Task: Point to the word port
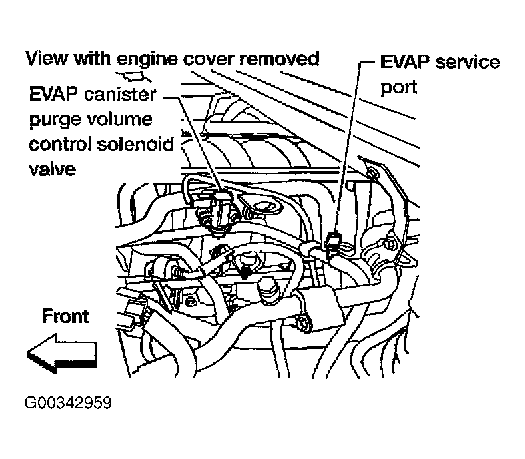pos(398,87)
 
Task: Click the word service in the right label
pos(466,63)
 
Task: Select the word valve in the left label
pos(52,169)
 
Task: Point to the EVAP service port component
pos(337,241)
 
